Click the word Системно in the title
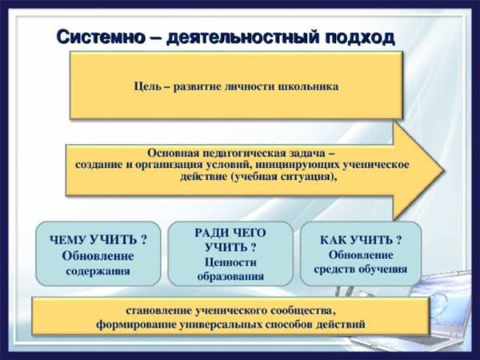101,38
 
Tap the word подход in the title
359,38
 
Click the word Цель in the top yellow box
147,86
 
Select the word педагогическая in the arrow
239,153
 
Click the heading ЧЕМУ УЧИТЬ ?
98,240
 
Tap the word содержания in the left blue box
98,271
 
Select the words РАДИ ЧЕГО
230,233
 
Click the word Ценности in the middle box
230,262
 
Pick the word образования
230,277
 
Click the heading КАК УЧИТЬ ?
361,240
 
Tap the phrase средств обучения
361,270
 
